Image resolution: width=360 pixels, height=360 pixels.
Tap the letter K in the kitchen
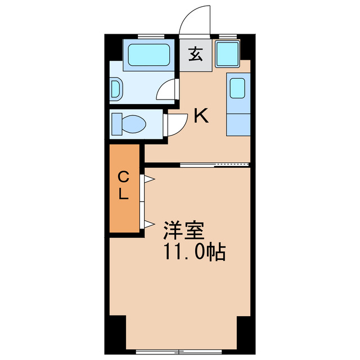pyautogui.click(x=201, y=116)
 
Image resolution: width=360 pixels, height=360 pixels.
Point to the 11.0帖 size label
pyautogui.click(x=194, y=251)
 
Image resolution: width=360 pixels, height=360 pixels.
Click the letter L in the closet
pyautogui.click(x=124, y=195)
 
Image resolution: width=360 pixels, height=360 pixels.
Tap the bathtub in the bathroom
pyautogui.click(x=149, y=55)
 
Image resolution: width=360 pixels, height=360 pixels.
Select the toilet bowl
pyautogui.click(x=129, y=123)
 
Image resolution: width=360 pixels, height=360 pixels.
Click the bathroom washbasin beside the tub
pyautogui.click(x=115, y=89)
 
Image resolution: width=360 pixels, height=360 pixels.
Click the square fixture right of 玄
pyautogui.click(x=227, y=55)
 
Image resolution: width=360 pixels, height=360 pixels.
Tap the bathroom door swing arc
pyautogui.click(x=166, y=89)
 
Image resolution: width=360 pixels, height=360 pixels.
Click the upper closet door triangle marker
pyautogui.click(x=149, y=179)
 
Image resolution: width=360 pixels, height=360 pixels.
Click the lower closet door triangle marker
pyautogui.click(x=149, y=224)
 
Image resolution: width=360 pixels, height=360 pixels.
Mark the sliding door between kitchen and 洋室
pyautogui.click(x=214, y=165)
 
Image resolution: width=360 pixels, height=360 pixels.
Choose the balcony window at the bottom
pyautogui.click(x=180, y=352)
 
